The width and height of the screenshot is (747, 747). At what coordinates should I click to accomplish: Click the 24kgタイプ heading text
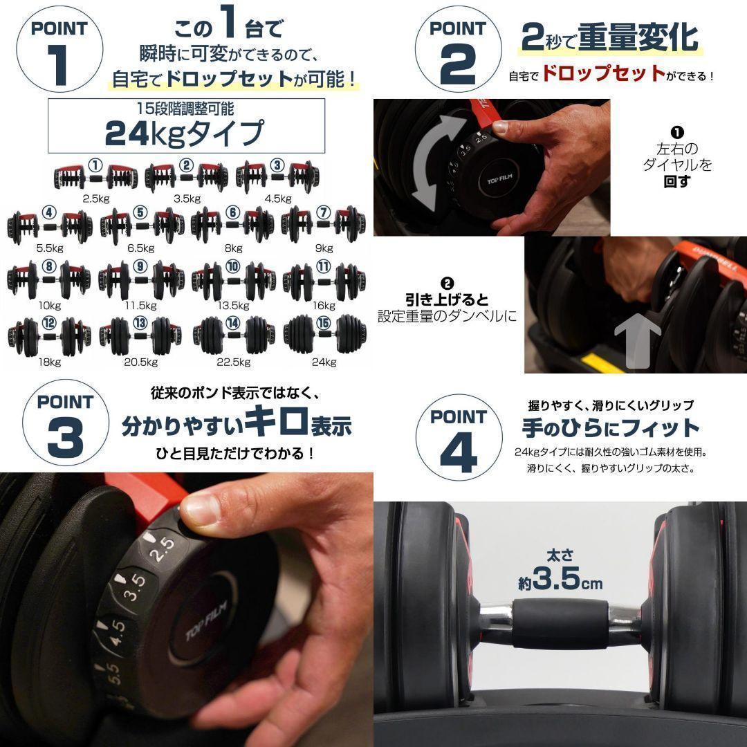point(185,133)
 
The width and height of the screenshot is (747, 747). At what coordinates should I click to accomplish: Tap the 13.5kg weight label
point(233,305)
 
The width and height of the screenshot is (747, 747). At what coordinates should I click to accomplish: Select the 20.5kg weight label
point(140,361)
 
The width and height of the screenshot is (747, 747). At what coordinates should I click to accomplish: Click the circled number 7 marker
point(323,212)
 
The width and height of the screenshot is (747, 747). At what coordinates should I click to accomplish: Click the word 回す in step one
point(677,183)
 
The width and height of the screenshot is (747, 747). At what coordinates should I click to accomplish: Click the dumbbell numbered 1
point(95,176)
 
